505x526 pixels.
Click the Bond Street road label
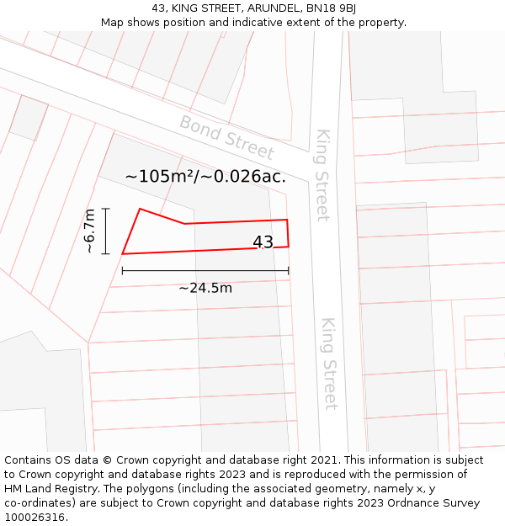pyautogui.click(x=226, y=138)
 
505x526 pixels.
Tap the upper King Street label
pyautogui.click(x=322, y=175)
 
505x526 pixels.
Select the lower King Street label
pyautogui.click(x=329, y=364)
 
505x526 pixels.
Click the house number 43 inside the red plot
pyautogui.click(x=263, y=242)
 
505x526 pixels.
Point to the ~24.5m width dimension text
pyautogui.click(x=205, y=288)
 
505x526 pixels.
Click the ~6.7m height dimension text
pyautogui.click(x=90, y=231)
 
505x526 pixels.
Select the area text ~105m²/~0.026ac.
pyautogui.click(x=205, y=177)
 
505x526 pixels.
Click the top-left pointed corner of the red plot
pyautogui.click(x=140, y=209)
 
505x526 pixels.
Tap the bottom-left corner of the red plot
pyautogui.click(x=123, y=253)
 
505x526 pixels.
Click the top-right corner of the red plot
pyautogui.click(x=287, y=220)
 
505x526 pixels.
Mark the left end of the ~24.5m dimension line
pyautogui.click(x=123, y=271)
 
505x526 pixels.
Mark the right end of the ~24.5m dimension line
pyautogui.click(x=288, y=271)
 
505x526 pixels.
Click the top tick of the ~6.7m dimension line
pyautogui.click(x=105, y=208)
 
